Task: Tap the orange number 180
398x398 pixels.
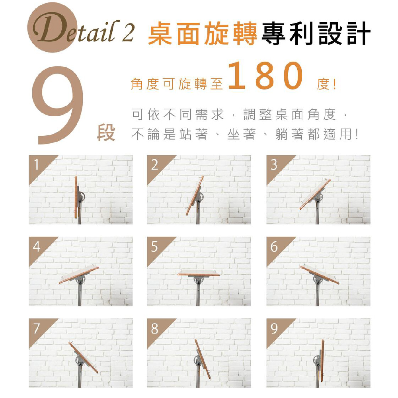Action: (266, 76)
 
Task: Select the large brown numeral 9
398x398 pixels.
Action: (58, 105)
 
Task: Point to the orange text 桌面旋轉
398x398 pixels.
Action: (203, 33)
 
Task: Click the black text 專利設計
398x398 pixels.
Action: (316, 33)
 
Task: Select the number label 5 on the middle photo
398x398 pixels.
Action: (154, 246)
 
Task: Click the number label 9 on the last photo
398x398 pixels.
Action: (274, 328)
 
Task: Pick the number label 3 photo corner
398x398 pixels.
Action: (274, 165)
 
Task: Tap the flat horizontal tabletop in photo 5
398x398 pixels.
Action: (199, 273)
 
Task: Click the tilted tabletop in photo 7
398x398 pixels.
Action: (83, 357)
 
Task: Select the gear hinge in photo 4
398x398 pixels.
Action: (81, 279)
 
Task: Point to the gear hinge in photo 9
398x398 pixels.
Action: (317, 360)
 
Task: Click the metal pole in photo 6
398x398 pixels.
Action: (317, 295)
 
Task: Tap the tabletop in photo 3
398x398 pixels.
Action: (315, 194)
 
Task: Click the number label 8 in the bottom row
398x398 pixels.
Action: (154, 328)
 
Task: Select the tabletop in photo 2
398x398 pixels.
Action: (195, 196)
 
